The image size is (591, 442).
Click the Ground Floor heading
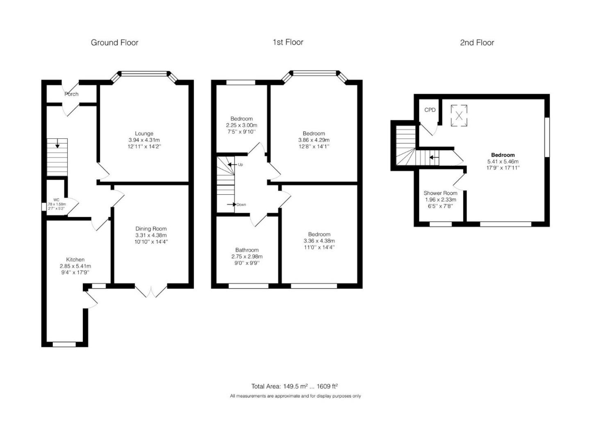tap(114, 43)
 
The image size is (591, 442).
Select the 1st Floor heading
tap(288, 42)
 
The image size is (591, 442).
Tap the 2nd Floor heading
tap(477, 43)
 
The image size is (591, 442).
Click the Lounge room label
tap(144, 133)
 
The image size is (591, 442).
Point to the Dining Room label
tap(151, 229)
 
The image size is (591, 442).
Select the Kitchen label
tap(75, 259)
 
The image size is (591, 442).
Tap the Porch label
tap(71, 94)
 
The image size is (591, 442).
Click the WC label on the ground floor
tap(56, 200)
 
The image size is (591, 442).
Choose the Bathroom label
tap(247, 250)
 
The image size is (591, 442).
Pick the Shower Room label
tap(440, 193)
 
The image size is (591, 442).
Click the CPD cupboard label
tap(430, 110)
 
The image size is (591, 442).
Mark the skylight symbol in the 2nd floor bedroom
tap(459, 116)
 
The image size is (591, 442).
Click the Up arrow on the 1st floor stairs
tap(232, 165)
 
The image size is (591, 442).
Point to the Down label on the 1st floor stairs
tap(241, 205)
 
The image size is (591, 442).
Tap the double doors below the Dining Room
tap(151, 291)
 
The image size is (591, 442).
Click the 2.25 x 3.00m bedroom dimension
tap(241, 125)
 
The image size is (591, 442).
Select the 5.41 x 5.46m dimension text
tap(503, 162)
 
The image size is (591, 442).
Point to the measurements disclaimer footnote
tap(295, 396)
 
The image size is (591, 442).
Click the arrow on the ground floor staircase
tap(57, 143)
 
